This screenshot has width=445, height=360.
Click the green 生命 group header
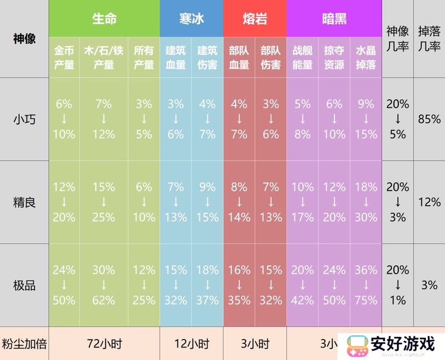tap(104, 19)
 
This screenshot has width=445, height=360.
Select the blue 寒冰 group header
tap(191, 19)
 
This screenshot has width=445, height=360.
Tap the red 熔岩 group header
tap(255, 19)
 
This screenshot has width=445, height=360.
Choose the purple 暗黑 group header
tap(334, 19)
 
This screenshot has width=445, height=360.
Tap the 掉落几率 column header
tap(429, 39)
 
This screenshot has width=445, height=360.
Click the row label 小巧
tap(24, 119)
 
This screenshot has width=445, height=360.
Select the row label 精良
tap(24, 203)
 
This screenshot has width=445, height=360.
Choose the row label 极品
tap(24, 285)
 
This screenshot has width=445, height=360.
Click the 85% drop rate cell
tap(429, 119)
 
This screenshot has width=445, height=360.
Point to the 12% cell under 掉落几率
tap(429, 203)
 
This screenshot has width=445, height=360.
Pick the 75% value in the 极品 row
tap(366, 300)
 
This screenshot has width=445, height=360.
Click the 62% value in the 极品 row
tap(104, 300)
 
